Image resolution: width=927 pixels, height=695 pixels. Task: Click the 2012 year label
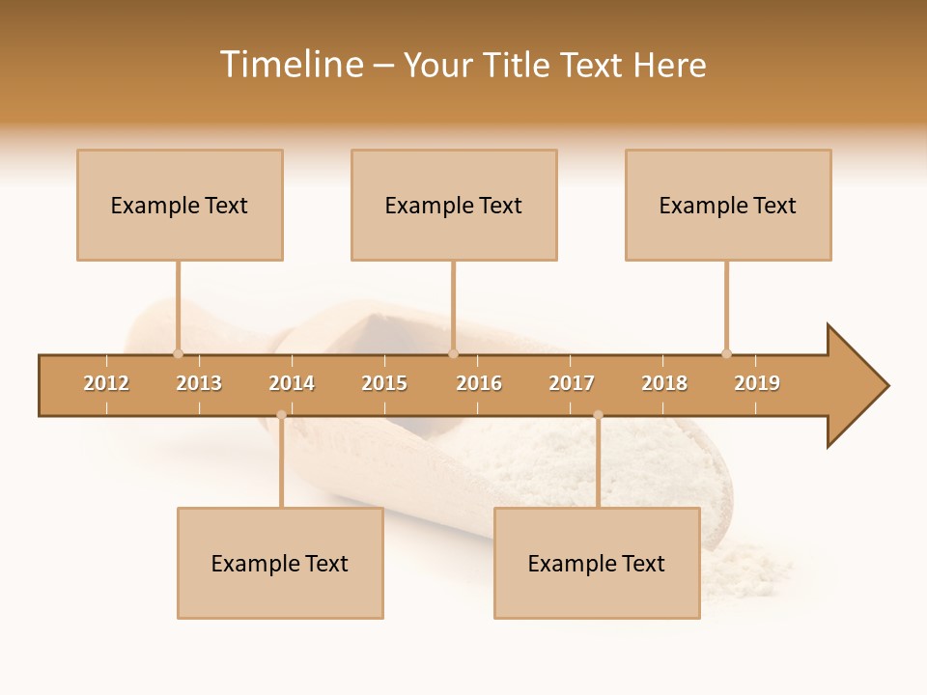pyautogui.click(x=106, y=383)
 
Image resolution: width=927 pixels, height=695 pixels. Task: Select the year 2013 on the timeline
pyautogui.click(x=199, y=383)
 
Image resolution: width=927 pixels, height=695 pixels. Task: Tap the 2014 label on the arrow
pyautogui.click(x=292, y=383)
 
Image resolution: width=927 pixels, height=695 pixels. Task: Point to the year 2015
pyautogui.click(x=384, y=383)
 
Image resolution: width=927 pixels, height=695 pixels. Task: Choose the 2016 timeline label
pyautogui.click(x=479, y=383)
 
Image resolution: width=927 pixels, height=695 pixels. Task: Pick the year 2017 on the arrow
pyautogui.click(x=572, y=383)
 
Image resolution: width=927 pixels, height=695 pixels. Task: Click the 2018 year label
pyautogui.click(x=664, y=383)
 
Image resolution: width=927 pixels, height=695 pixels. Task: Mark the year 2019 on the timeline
pyautogui.click(x=757, y=383)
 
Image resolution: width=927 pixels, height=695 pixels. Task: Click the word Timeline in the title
pyautogui.click(x=291, y=65)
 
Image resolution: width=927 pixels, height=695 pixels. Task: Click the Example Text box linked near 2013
pyautogui.click(x=180, y=205)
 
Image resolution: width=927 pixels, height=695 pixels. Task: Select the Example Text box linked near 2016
pyautogui.click(x=454, y=205)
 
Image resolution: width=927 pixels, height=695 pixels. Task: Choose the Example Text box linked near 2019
pyautogui.click(x=728, y=205)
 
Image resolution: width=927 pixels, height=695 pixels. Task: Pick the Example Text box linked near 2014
pyautogui.click(x=280, y=563)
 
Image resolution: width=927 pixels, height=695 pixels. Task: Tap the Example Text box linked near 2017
pyautogui.click(x=597, y=563)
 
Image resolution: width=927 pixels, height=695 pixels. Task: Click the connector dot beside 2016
pyautogui.click(x=454, y=353)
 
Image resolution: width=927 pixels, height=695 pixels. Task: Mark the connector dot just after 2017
pyautogui.click(x=598, y=415)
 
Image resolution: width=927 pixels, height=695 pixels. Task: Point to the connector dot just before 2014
pyautogui.click(x=281, y=415)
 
